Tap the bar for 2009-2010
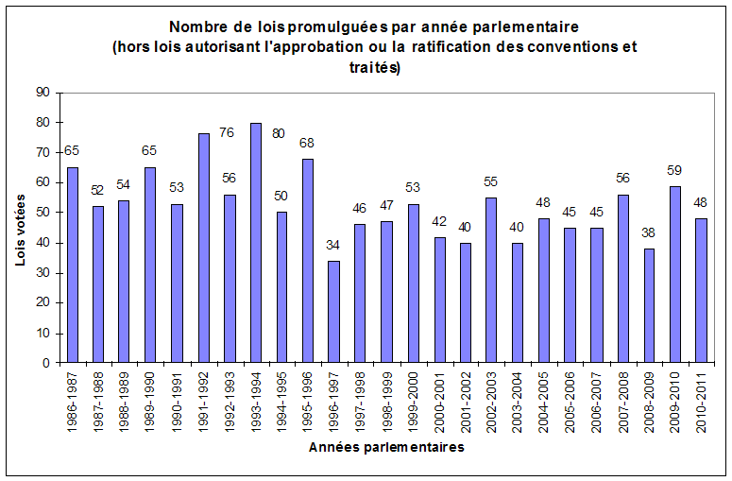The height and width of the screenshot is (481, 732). pyautogui.click(x=675, y=274)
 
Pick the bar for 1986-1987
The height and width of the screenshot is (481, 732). pyautogui.click(x=73, y=265)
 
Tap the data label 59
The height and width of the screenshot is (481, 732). pyautogui.click(x=675, y=172)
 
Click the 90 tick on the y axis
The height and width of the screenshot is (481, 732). pyautogui.click(x=42, y=93)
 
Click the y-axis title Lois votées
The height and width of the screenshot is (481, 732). pyautogui.click(x=21, y=228)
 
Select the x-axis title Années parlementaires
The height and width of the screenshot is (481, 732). pyautogui.click(x=387, y=448)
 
